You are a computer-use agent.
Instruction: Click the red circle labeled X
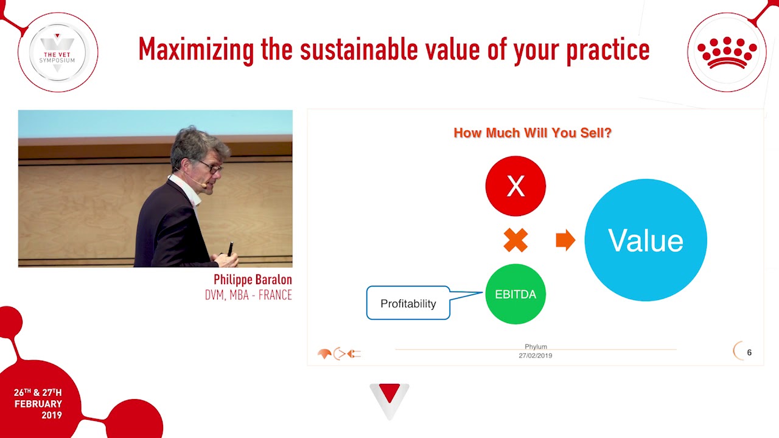coord(515,186)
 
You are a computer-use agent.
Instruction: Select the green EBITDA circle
coord(515,294)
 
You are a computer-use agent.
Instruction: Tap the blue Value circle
coord(646,240)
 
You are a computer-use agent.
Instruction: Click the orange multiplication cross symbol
coord(515,240)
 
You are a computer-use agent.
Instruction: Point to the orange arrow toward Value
coord(565,240)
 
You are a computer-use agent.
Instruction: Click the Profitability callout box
coord(408,303)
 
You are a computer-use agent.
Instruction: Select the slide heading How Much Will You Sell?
coord(533,133)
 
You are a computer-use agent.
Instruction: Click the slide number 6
coord(749,352)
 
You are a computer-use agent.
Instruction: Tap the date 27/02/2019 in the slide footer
coord(536,355)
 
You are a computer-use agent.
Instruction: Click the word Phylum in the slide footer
coord(536,347)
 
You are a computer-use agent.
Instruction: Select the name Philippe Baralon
coord(253,280)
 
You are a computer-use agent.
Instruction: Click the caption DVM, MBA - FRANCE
coord(248,296)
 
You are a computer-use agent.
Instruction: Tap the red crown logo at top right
coord(727,52)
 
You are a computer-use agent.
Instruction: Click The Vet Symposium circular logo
coord(58,52)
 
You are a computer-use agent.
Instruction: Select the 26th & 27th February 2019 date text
coord(38,403)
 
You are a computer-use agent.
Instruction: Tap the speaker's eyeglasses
coord(211,165)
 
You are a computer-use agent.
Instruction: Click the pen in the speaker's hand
coord(230,249)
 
